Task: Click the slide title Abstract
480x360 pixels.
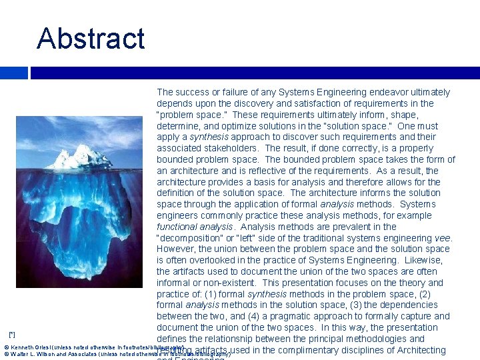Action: tap(91, 38)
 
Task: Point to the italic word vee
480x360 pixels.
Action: tap(443, 238)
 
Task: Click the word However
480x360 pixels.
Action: tap(177, 249)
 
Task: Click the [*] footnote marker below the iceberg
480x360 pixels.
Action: tap(11, 333)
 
